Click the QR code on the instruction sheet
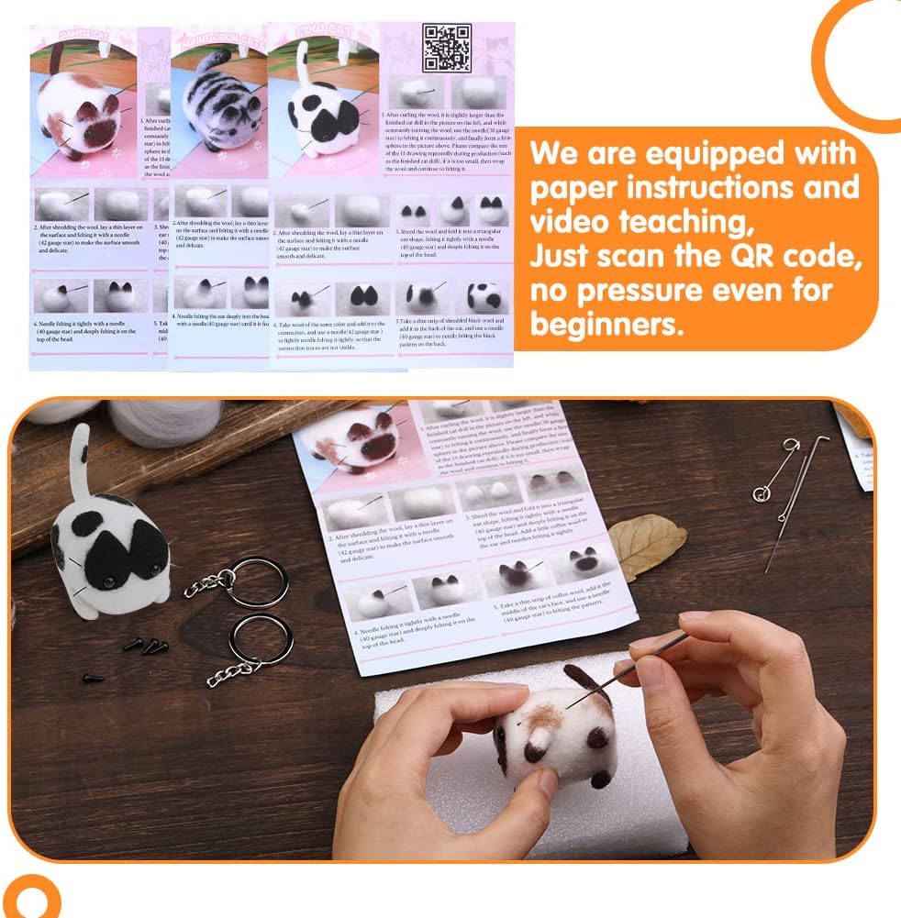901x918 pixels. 447,48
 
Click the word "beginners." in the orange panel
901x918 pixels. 607,325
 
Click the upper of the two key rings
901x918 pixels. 257,582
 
